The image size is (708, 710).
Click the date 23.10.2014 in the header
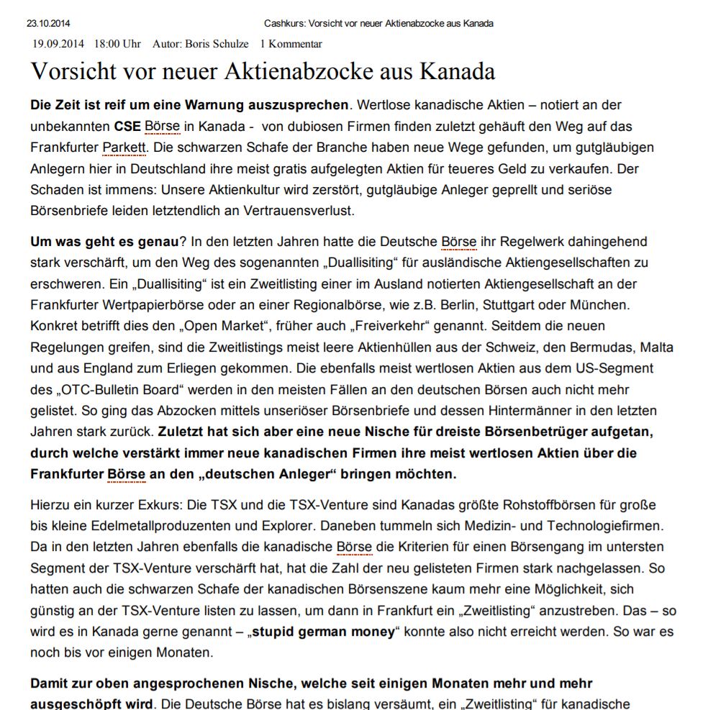(x=48, y=24)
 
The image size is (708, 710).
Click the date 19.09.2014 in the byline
(x=58, y=44)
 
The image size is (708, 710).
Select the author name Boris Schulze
(x=217, y=44)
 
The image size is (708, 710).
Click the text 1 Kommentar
(x=291, y=44)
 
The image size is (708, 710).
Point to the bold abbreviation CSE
(x=127, y=127)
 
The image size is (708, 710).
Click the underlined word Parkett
(x=124, y=147)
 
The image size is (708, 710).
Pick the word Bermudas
(x=596, y=347)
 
